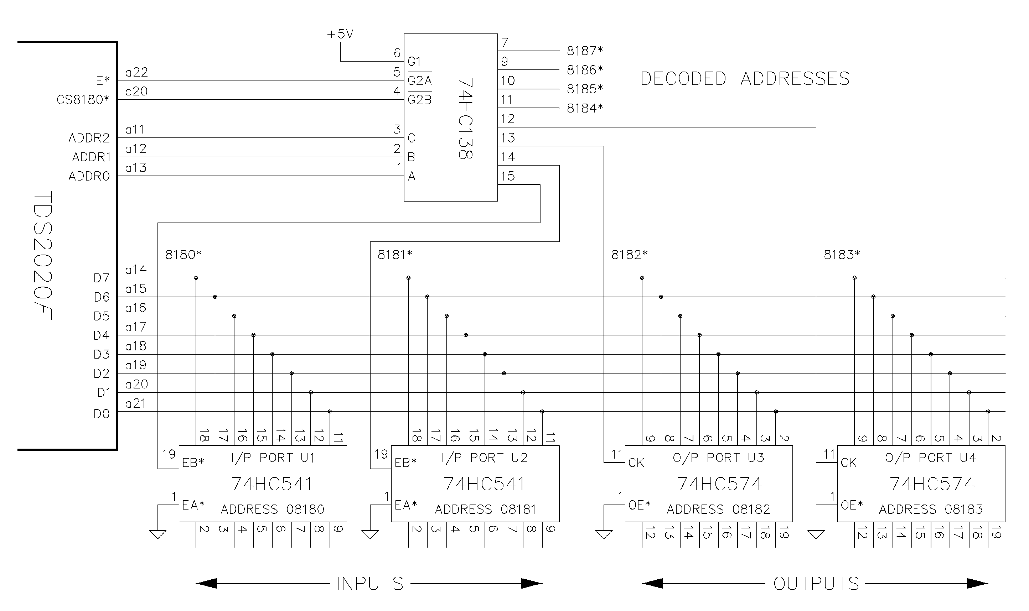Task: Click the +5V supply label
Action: coord(340,34)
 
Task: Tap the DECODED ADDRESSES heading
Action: coord(745,79)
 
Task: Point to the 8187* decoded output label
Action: coord(585,51)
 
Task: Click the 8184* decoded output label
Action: coord(585,108)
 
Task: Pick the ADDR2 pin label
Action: coord(89,138)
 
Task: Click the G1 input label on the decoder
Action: coord(414,62)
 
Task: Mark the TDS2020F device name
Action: coord(43,255)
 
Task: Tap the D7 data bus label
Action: coord(101,278)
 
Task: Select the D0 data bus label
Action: coord(101,414)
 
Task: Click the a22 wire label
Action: coord(136,73)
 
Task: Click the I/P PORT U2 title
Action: coord(484,458)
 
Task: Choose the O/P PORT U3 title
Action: coord(718,458)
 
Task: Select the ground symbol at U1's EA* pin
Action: coord(158,534)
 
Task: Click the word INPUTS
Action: coord(369,584)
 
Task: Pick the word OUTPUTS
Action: coord(816,584)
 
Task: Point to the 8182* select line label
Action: coord(629,255)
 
